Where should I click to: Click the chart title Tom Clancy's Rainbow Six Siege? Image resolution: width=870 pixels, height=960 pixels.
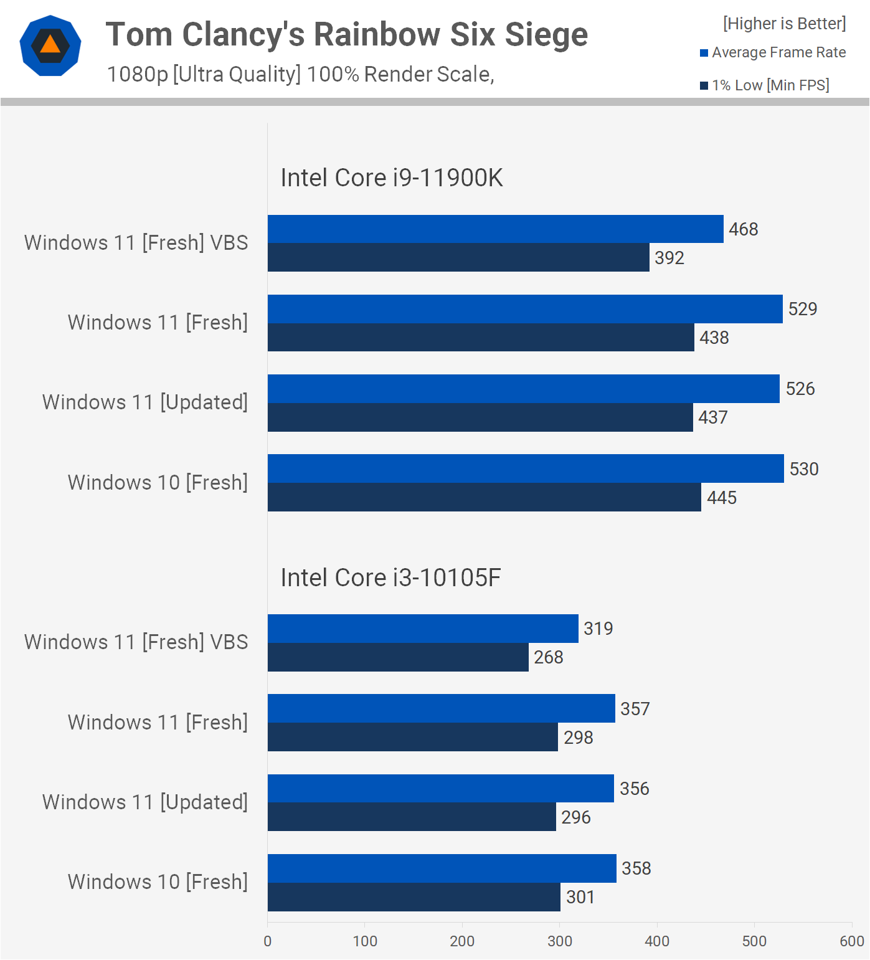click(346, 34)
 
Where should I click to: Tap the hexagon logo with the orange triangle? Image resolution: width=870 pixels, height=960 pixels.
click(50, 45)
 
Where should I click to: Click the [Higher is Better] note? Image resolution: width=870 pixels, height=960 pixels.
click(784, 24)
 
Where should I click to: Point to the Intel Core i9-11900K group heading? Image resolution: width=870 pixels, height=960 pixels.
click(391, 178)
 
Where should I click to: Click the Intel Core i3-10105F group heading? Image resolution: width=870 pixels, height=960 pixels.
click(390, 577)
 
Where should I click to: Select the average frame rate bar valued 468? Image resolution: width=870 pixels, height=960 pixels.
click(495, 229)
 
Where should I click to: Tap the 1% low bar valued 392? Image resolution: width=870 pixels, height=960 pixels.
click(458, 257)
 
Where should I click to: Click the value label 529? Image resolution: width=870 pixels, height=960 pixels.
click(802, 309)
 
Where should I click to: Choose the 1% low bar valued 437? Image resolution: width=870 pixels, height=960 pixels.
click(480, 417)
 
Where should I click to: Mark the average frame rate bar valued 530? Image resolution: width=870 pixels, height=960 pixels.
click(526, 468)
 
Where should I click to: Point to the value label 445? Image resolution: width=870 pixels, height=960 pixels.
click(721, 498)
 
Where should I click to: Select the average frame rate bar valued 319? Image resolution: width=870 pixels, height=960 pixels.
click(423, 629)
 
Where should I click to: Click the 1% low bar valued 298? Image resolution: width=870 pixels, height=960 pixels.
click(412, 737)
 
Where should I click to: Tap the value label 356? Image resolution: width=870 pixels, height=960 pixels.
click(634, 789)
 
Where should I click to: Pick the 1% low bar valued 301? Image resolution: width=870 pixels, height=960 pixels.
click(414, 897)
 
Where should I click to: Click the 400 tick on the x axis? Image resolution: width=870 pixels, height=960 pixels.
click(657, 941)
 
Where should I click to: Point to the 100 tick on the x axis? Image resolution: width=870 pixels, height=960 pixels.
click(365, 941)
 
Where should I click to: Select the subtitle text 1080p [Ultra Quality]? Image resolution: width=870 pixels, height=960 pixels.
click(204, 74)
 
